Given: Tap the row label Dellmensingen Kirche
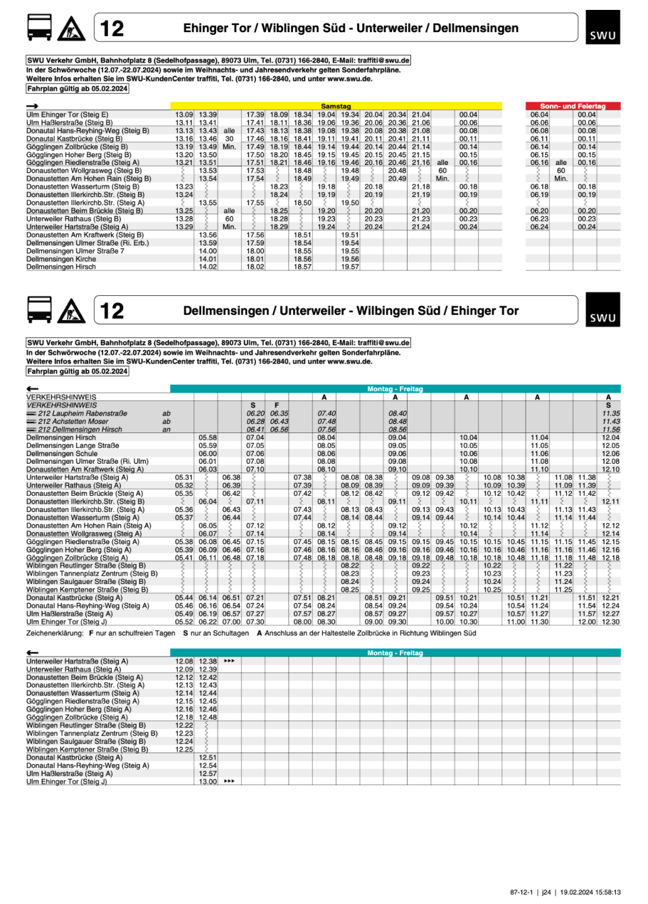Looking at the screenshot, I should click(54, 259).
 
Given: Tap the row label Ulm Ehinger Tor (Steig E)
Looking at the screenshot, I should click(67, 114).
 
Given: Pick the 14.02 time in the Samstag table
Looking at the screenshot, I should click(208, 267).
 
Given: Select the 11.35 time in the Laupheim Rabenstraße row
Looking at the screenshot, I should click(610, 413).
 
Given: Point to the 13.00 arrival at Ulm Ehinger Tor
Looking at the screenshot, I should click(208, 781).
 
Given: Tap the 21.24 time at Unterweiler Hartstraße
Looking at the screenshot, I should click(420, 227).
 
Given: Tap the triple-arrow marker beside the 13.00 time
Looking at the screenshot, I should click(228, 781).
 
